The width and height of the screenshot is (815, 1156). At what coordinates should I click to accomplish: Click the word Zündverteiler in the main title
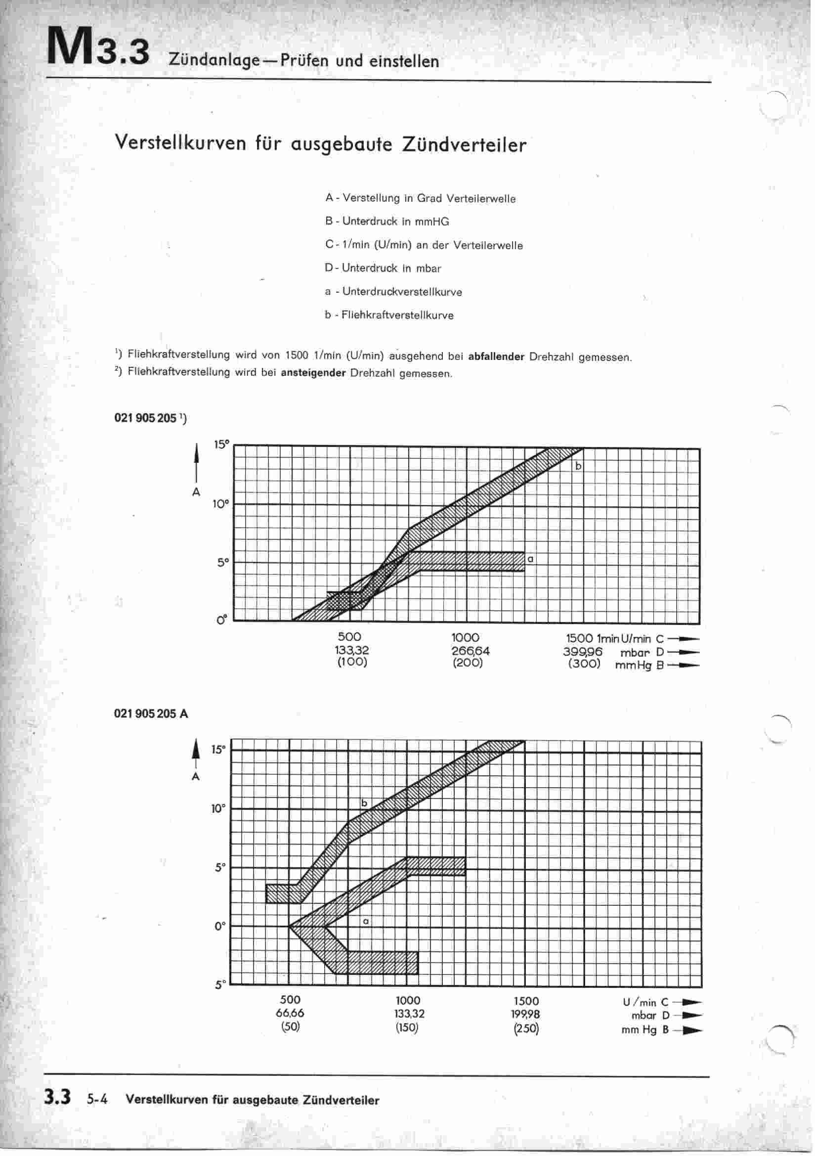464,144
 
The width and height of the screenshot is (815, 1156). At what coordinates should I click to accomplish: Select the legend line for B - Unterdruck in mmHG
386,222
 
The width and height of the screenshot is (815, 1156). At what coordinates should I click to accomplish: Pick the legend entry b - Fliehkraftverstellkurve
388,315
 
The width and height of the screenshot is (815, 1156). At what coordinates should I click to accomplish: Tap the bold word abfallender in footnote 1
496,357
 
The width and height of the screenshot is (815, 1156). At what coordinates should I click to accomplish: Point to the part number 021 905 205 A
151,713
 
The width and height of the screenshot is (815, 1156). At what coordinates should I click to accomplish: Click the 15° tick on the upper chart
221,445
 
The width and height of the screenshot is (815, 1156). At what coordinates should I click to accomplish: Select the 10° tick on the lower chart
218,809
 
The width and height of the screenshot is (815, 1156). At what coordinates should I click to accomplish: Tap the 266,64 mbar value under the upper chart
470,651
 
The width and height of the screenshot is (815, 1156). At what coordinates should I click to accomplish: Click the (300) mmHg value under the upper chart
584,664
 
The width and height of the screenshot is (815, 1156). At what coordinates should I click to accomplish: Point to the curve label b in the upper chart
578,466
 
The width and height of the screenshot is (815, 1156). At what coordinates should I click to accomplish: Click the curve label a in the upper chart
530,559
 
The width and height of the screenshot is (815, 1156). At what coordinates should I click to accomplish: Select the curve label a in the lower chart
366,921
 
